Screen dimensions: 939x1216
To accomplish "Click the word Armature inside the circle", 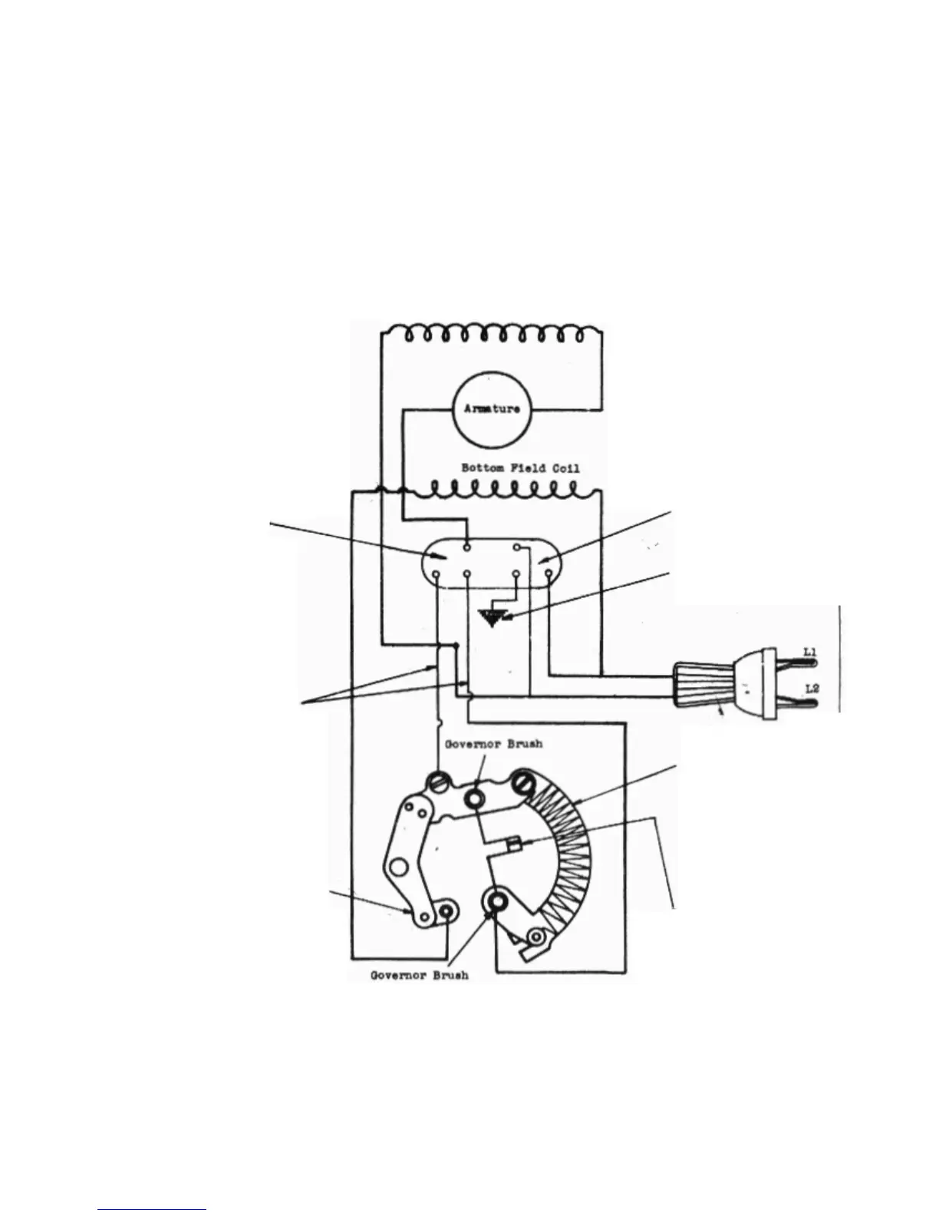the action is pos(491,409).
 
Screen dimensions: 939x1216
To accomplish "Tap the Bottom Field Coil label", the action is pos(520,468).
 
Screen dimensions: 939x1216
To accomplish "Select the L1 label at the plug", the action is pos(809,653).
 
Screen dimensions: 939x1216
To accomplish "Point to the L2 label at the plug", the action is pos(811,689).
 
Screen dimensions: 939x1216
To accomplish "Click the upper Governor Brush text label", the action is pos(487,744).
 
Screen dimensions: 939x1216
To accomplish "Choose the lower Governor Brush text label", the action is pos(419,976).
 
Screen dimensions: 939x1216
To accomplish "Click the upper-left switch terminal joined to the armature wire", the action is pos(467,548).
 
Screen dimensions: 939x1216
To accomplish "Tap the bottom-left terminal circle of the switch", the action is pos(437,573).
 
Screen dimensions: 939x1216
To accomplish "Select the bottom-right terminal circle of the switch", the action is pos(548,573).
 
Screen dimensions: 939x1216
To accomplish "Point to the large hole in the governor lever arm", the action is pos(397,868).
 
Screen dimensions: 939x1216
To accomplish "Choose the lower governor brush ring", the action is pos(496,900).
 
